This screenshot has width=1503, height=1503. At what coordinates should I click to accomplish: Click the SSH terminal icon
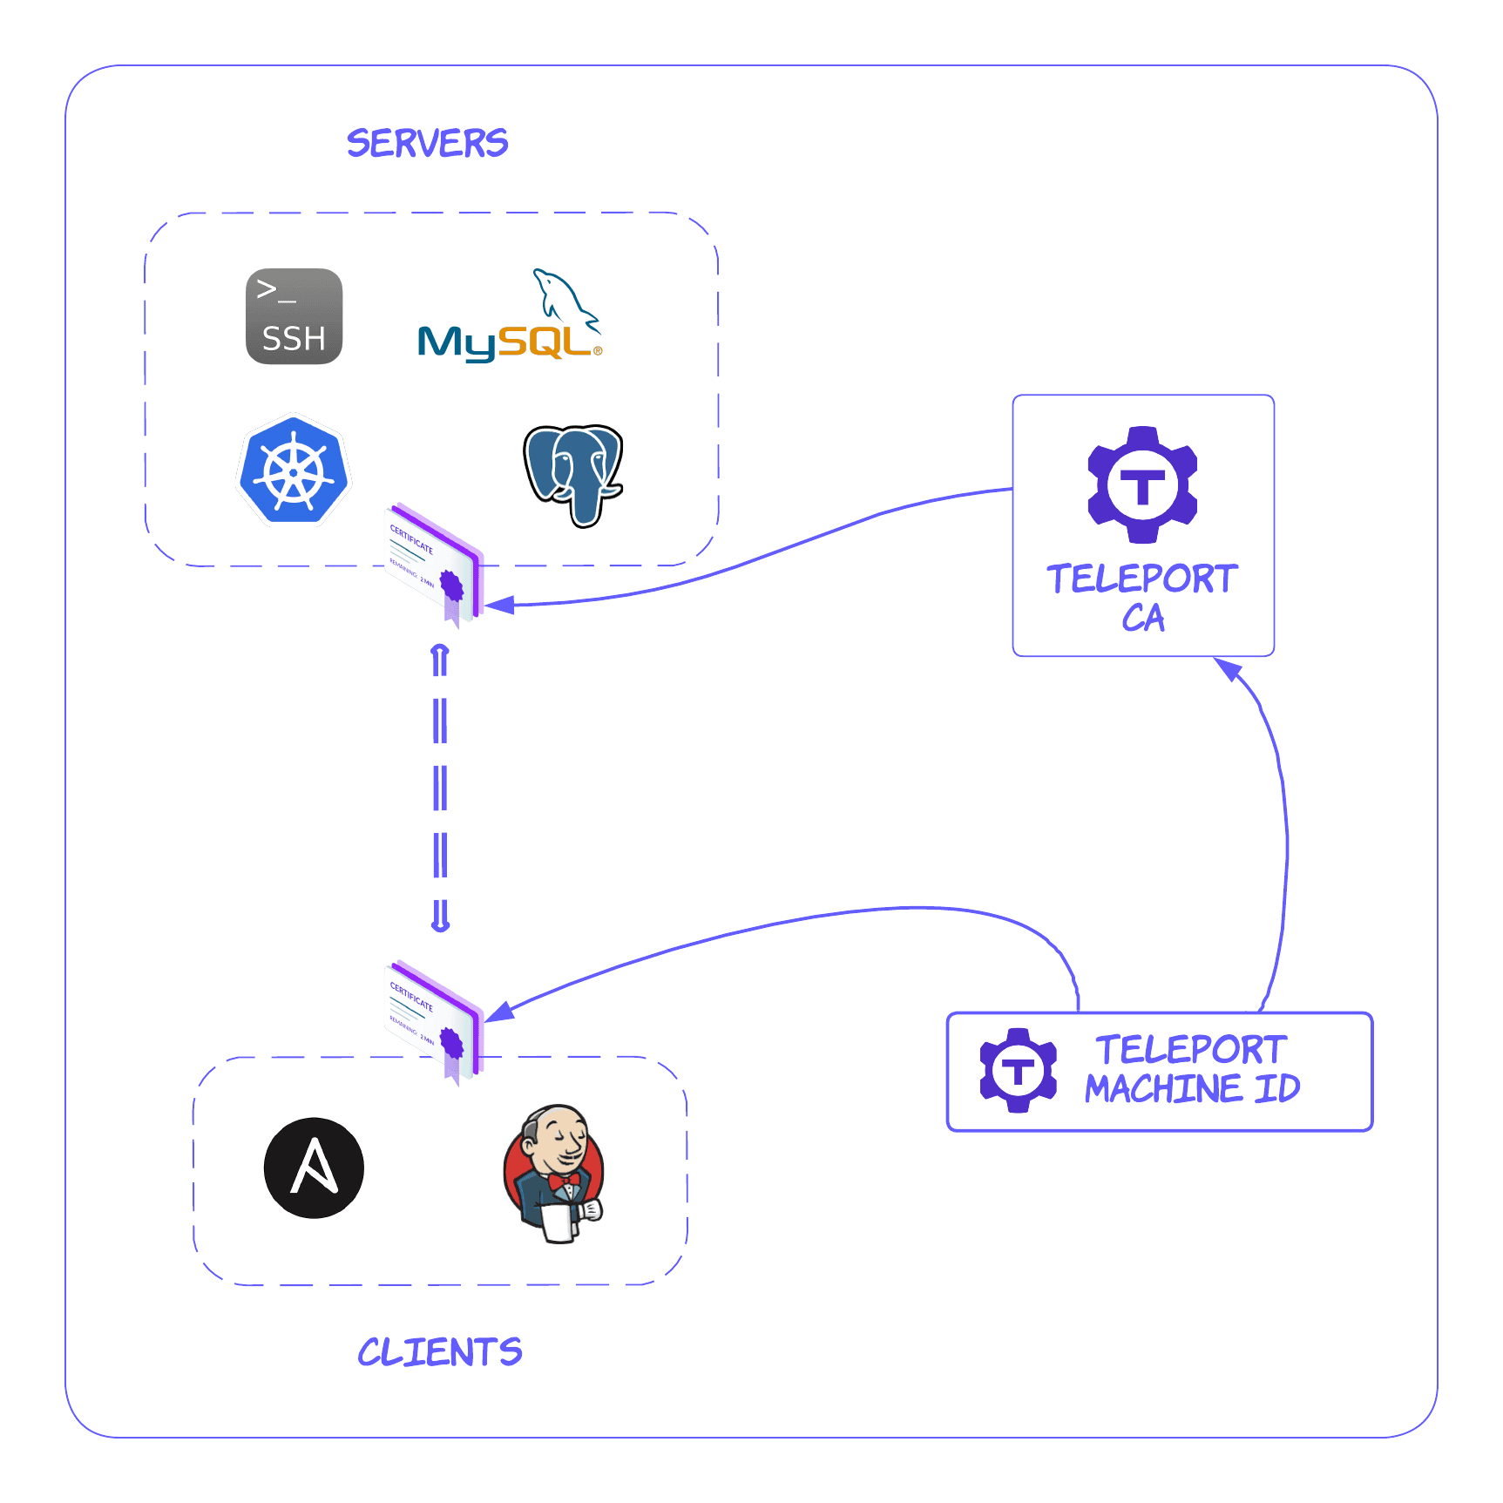click(294, 316)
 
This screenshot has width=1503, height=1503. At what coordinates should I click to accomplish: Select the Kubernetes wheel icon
click(294, 471)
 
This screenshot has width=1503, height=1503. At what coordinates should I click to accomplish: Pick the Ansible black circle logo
click(314, 1168)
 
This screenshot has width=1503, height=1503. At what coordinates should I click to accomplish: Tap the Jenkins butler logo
click(554, 1173)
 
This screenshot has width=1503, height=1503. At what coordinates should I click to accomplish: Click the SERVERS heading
click(427, 143)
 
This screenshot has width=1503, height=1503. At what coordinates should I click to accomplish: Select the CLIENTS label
click(439, 1352)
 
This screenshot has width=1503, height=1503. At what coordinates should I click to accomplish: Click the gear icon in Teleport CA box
click(1142, 484)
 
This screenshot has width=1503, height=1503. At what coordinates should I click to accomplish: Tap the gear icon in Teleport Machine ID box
click(1018, 1070)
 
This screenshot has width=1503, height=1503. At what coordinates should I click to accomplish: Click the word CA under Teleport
click(1142, 618)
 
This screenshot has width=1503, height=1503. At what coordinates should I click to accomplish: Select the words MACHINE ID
click(1192, 1089)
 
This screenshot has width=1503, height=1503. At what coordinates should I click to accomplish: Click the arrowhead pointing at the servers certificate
click(500, 605)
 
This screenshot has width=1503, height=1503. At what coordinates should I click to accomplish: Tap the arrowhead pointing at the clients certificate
click(500, 1011)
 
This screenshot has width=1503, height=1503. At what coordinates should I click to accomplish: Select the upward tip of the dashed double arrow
click(440, 650)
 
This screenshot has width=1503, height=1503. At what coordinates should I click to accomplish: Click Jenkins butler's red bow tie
click(564, 1181)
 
